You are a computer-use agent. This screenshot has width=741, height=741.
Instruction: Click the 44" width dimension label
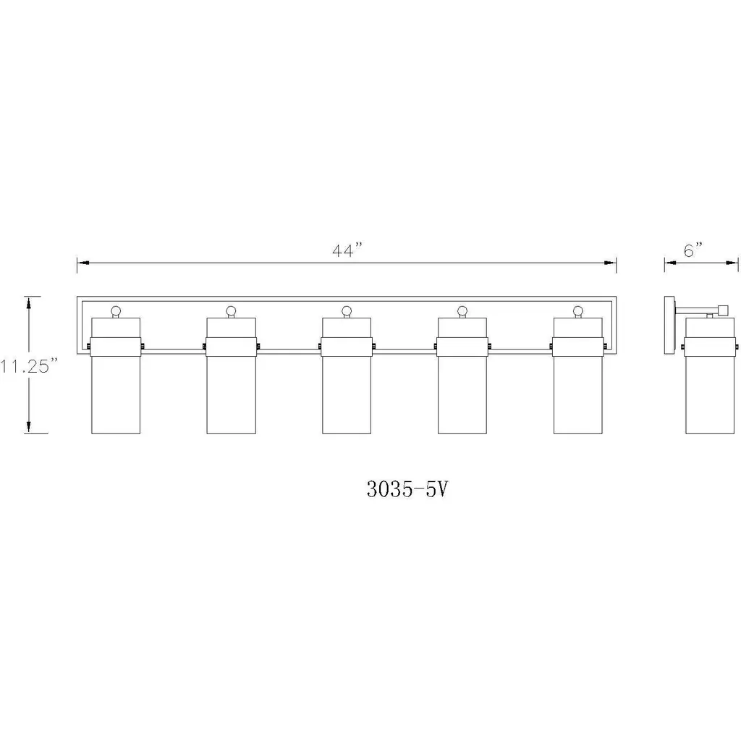[347, 250]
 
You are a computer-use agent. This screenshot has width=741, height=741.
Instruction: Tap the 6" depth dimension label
[693, 250]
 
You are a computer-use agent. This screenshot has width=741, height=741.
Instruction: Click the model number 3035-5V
[407, 489]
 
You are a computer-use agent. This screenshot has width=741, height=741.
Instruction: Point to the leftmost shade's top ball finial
[116, 311]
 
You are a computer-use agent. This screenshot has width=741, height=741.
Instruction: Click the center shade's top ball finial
[347, 311]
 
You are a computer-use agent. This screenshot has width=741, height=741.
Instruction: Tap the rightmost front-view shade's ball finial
[578, 311]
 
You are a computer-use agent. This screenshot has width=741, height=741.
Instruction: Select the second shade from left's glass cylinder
[232, 394]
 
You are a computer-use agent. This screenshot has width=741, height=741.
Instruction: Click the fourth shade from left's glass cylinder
[462, 394]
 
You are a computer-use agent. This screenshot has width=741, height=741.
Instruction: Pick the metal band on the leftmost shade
[116, 347]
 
